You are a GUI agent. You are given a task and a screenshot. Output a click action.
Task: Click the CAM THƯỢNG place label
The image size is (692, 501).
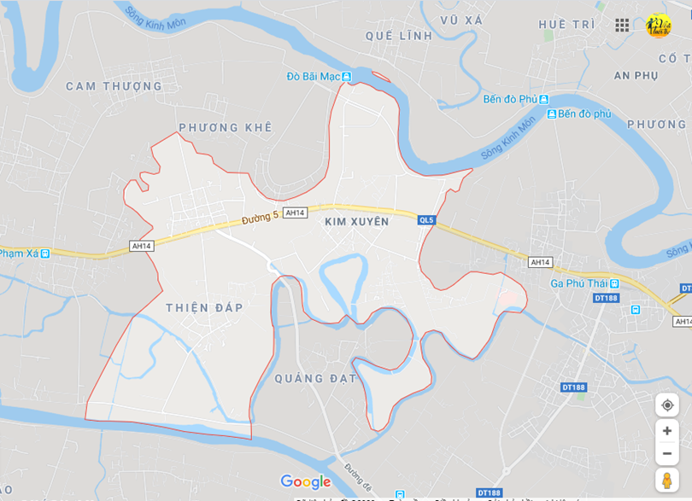114,86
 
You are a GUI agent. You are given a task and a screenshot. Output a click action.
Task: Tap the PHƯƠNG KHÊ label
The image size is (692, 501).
225,127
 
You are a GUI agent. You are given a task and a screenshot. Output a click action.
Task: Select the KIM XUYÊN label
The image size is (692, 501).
356,222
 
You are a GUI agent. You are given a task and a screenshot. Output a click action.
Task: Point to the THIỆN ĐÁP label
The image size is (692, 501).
204,307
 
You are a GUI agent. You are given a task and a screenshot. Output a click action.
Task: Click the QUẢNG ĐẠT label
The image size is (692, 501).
315,378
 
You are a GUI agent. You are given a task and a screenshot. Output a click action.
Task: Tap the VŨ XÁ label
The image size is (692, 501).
462,20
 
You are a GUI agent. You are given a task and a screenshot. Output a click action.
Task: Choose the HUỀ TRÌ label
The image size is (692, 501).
566,25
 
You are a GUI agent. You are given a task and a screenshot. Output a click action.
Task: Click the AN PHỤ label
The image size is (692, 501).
636,76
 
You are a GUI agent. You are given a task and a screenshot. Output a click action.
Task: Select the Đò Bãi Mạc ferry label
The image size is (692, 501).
314,78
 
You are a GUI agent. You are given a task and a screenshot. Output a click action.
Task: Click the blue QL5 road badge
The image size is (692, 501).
426,220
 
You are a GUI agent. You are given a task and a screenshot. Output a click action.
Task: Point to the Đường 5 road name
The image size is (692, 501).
260,218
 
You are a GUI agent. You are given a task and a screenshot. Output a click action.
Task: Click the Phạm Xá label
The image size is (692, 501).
20,253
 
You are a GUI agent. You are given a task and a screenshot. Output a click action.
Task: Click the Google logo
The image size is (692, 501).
305,482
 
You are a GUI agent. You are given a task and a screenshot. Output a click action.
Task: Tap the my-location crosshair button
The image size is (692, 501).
667,405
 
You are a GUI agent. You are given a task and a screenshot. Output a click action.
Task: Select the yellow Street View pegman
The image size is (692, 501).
667,480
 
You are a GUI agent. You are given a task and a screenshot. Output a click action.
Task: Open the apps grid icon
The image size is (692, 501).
622,26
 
